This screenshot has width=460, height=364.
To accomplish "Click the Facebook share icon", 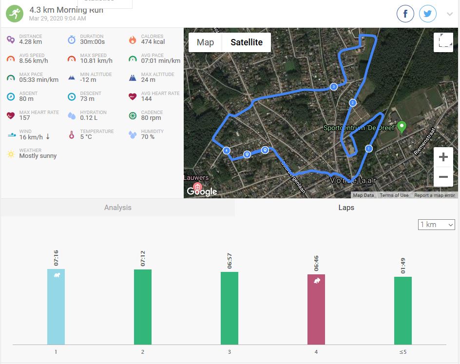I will [x=405, y=14].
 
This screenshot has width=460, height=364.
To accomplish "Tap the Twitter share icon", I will [x=428, y=14].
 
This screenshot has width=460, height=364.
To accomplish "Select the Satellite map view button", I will [x=246, y=42].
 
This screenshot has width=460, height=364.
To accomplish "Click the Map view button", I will [x=205, y=42].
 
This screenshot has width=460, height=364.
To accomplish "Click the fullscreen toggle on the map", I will [x=443, y=42].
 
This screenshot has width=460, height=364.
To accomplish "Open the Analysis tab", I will [x=118, y=208].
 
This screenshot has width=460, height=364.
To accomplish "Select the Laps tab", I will [x=346, y=208].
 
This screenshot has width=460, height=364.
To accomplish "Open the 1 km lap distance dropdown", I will [x=437, y=225].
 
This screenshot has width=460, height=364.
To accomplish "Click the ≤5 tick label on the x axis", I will [x=403, y=352].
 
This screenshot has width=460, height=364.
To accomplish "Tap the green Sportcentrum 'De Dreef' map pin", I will [x=402, y=127].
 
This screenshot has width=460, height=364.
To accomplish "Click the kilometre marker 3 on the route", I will [x=333, y=87].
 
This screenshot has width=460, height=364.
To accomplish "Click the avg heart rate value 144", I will [x=147, y=99].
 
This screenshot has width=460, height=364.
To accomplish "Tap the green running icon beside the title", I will [x=15, y=14].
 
